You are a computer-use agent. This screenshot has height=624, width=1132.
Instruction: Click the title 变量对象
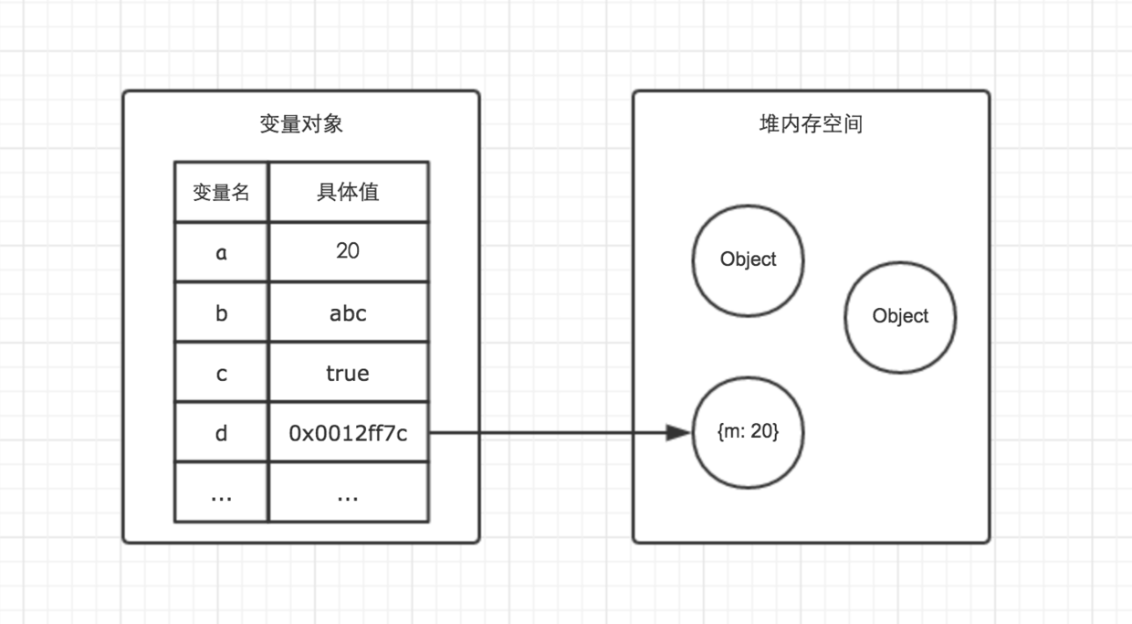tap(300, 124)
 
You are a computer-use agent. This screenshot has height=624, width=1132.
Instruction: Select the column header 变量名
tap(221, 192)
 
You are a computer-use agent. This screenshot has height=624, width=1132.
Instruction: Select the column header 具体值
tap(348, 192)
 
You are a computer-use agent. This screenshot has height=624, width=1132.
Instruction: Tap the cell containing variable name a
tap(221, 252)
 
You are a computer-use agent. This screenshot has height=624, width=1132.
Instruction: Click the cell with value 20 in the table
tap(348, 251)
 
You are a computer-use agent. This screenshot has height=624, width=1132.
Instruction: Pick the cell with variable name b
tap(221, 312)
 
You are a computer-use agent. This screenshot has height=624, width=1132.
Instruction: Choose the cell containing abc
tap(348, 312)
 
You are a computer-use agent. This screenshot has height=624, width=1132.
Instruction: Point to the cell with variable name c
tap(221, 373)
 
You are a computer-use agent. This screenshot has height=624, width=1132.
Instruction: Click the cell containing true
tap(348, 373)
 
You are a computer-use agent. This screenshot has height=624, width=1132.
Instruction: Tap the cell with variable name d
tap(221, 433)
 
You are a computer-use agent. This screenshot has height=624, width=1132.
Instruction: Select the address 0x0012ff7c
tap(348, 433)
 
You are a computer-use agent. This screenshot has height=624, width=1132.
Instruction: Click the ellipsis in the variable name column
tap(221, 495)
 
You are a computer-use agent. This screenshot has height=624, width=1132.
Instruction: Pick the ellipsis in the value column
tap(348, 495)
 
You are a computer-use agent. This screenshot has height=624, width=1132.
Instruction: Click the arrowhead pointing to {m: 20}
tap(679, 433)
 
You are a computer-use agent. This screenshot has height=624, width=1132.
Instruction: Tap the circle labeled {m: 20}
tap(748, 457)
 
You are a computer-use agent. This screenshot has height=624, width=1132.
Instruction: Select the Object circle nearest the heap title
tap(748, 259)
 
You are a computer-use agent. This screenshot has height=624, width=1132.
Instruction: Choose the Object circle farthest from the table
tap(900, 316)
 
